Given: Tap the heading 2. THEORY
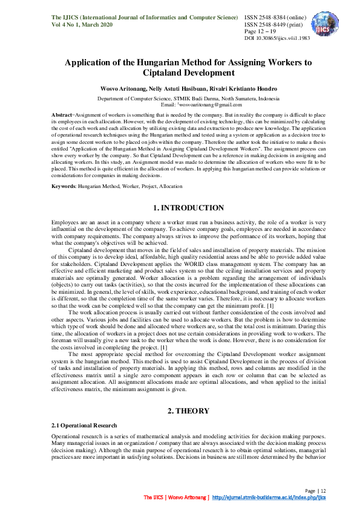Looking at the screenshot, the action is pos(180,410).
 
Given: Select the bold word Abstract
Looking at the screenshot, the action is pos(62,114).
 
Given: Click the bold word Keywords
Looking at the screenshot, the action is pos(64,187).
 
